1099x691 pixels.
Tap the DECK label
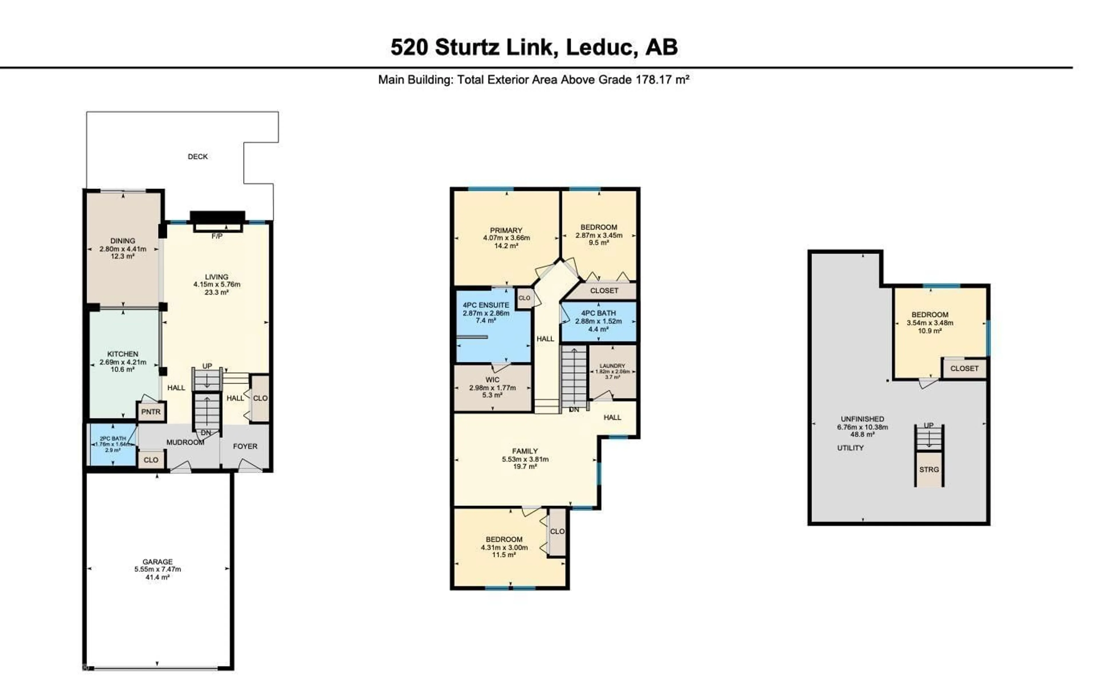197,157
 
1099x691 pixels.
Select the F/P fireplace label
217,236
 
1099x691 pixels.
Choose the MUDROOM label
185,442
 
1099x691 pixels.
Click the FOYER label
245,446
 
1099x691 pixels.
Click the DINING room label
123,241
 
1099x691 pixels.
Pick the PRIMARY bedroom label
506,231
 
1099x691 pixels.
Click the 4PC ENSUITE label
486,305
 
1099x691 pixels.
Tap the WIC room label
493,380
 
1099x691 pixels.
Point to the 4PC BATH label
598,313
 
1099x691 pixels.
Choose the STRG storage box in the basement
929,469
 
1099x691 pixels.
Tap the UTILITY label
850,448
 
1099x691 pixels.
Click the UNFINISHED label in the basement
862,419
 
